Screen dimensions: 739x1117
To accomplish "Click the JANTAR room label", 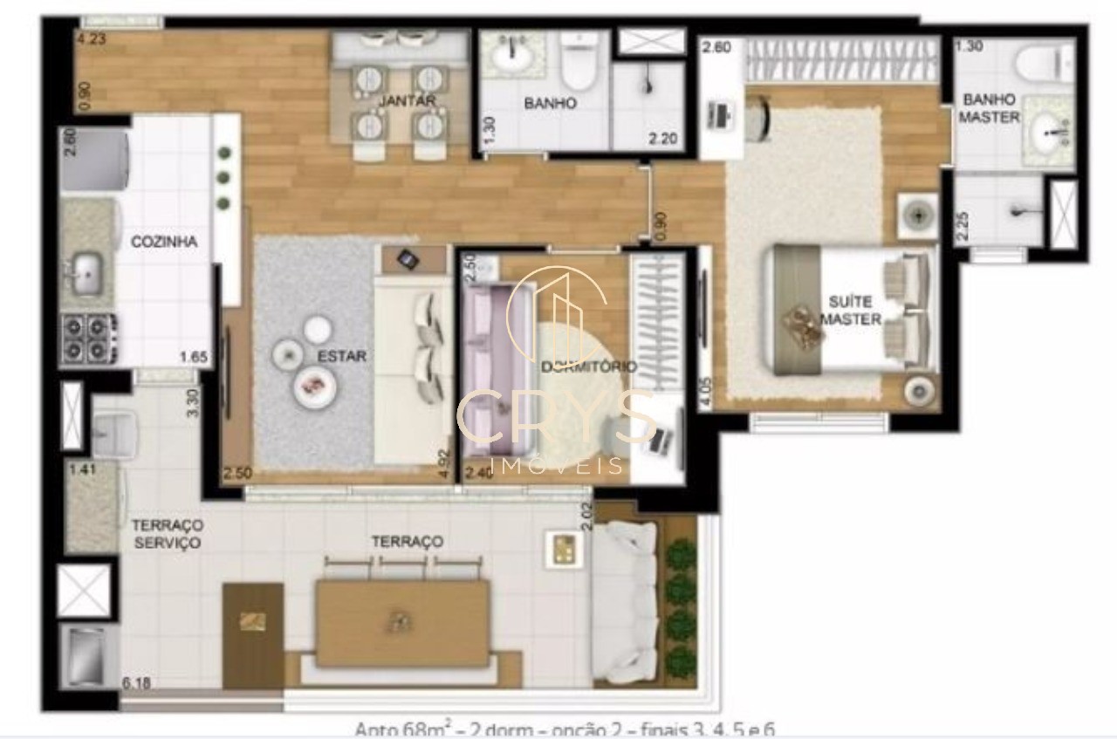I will (407, 101).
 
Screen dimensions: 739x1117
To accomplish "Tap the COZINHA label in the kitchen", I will (164, 242).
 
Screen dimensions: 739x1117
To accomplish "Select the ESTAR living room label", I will (342, 356).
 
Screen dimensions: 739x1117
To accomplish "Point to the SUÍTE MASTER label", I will (850, 311).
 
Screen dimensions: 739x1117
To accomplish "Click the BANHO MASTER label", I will (989, 108).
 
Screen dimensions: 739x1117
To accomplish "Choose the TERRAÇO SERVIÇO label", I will (166, 534).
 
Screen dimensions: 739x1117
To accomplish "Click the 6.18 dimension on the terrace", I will (137, 682).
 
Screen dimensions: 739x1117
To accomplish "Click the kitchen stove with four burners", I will (88, 339).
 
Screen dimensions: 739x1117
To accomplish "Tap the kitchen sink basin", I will (86, 273).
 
